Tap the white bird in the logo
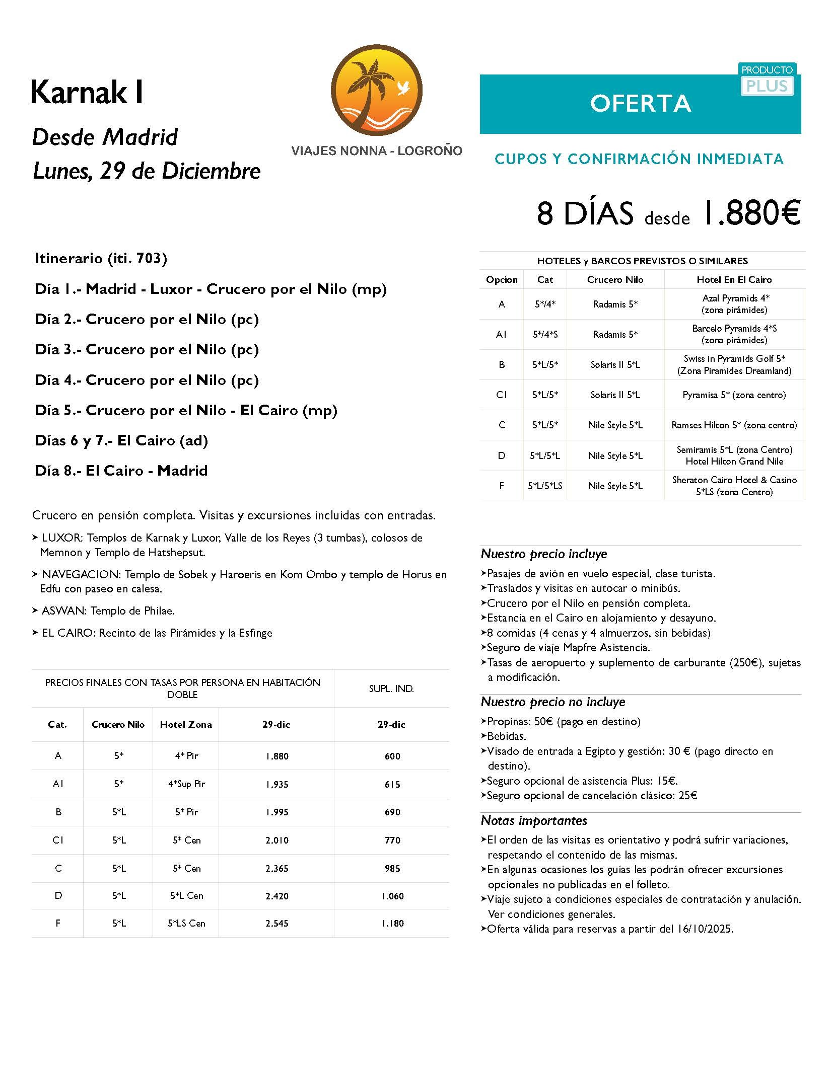pos(402,89)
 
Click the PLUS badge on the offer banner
pos(767,86)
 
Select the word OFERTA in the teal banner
pos(640,104)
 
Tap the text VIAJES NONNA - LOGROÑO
pos(376,151)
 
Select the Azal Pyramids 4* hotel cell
pos(734,304)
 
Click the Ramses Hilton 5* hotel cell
pos(734,425)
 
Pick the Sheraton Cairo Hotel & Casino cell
pos(734,486)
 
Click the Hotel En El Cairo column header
pos(734,280)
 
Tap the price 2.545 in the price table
pos(277,924)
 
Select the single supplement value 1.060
pos(392,896)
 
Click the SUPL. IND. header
pos(391,689)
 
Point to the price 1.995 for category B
pos(277,812)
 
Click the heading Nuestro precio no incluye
pos(552,702)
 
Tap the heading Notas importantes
pos(533,821)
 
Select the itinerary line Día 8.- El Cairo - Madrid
pos(121,471)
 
